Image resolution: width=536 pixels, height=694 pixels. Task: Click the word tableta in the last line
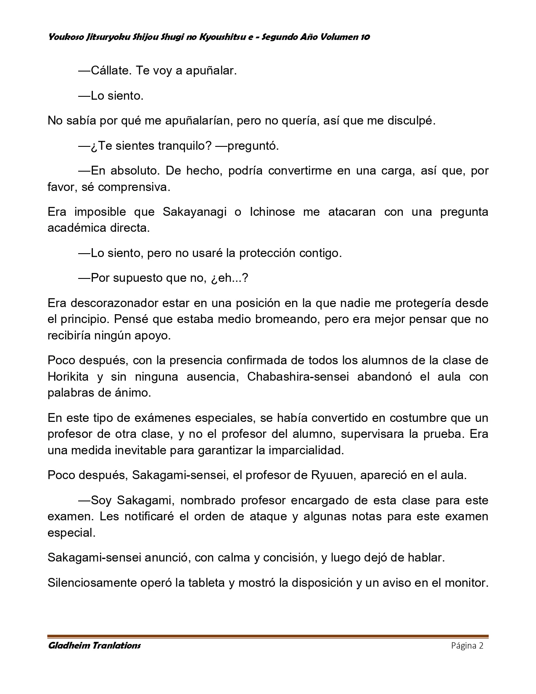(x=206, y=583)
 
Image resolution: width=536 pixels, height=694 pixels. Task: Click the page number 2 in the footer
(x=481, y=646)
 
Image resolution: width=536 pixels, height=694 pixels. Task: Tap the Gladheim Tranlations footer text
(x=95, y=646)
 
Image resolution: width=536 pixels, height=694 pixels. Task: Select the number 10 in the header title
(x=365, y=37)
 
